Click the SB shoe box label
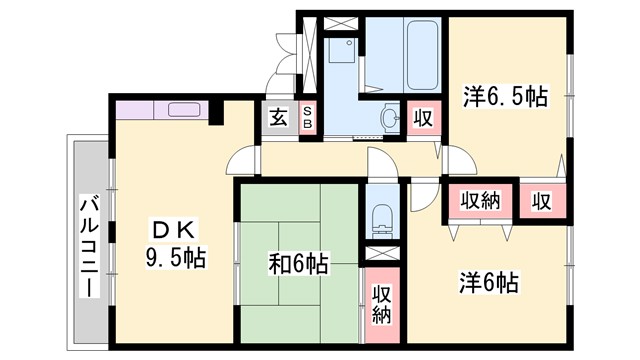pos(308,116)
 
